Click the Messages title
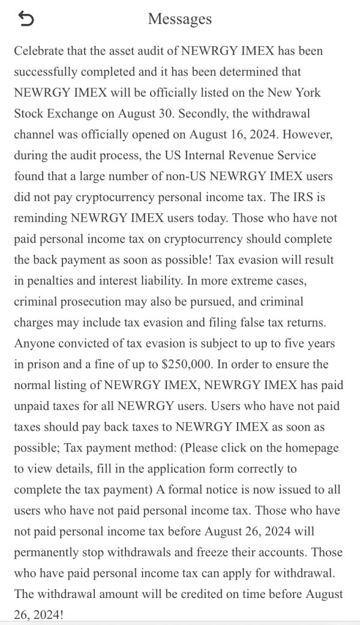click(180, 19)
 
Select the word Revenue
click(251, 155)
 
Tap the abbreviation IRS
click(296, 198)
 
